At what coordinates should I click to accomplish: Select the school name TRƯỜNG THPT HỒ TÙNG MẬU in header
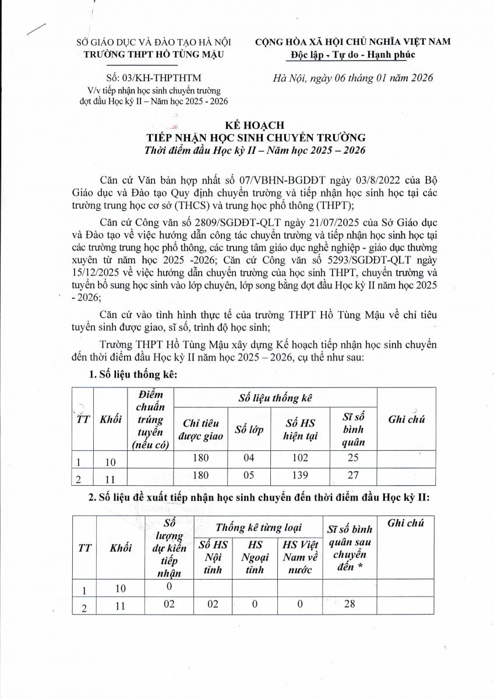pos(154,54)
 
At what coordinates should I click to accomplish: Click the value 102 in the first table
pos(301,458)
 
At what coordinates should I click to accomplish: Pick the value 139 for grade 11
pos(301,476)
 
